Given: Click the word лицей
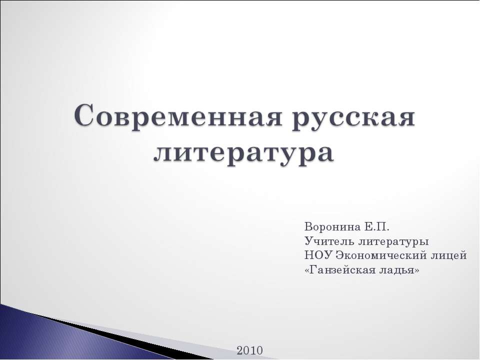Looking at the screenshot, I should coord(450,255).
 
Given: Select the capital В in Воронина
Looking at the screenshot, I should coord(307,227).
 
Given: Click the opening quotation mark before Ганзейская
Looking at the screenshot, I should coord(306,270).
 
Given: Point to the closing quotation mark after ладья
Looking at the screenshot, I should coord(417,270).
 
